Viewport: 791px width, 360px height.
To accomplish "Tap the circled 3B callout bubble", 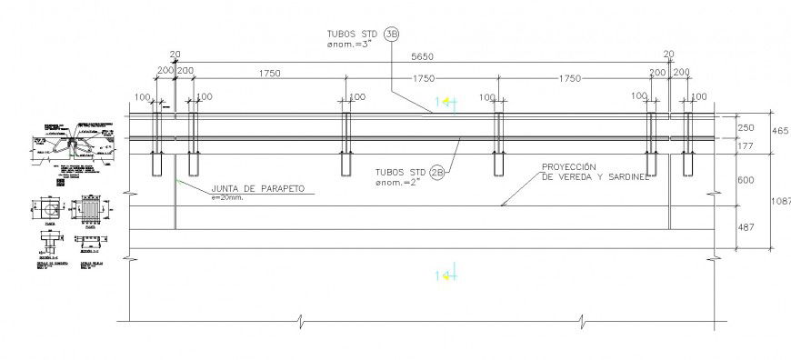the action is pos(392,35).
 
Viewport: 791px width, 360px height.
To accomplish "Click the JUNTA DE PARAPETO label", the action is pos(256,189).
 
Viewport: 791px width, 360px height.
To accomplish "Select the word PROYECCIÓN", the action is pos(568,167).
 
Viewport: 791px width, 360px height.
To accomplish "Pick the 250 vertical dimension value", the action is pos(746,129).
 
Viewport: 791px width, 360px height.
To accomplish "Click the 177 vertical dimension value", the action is pos(746,146).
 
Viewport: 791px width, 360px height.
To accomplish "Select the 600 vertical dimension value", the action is pos(746,180).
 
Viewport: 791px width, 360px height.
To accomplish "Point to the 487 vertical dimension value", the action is pos(746,227).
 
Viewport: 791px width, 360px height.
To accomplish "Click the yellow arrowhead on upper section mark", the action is pos(438,101).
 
